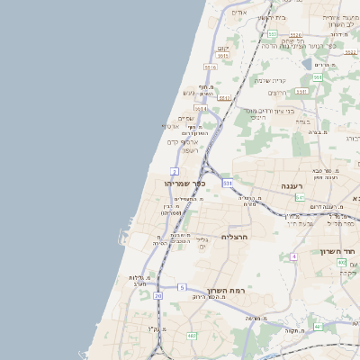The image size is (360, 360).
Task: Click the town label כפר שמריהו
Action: tap(185, 183)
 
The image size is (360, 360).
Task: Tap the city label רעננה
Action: tap(290, 185)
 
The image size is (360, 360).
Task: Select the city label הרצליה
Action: tap(234, 237)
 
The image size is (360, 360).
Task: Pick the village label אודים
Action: tap(238, 13)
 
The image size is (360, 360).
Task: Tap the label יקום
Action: tap(224, 48)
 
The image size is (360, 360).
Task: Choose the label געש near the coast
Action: tap(188, 92)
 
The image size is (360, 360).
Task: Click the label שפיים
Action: tap(186, 118)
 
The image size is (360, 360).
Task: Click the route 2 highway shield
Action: tap(175, 171)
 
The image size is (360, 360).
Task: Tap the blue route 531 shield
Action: tap(228, 183)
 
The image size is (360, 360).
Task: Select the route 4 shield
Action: tap(293, 256)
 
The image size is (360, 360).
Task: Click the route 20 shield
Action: tap(158, 295)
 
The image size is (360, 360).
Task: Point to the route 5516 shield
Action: tap(211, 67)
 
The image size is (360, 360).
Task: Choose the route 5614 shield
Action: tap(200, 109)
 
